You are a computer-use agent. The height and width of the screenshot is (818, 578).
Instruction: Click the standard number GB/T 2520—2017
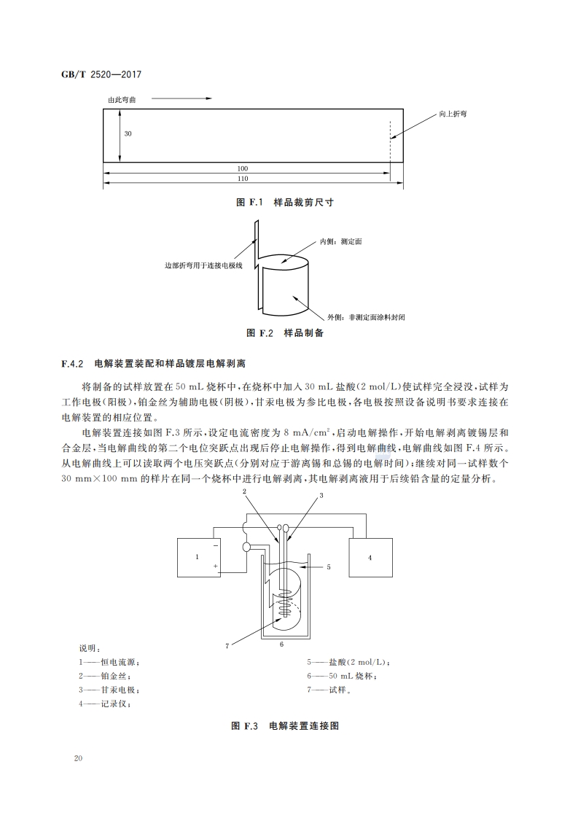click(101, 74)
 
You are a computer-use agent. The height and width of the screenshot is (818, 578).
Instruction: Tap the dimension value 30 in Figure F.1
click(128, 133)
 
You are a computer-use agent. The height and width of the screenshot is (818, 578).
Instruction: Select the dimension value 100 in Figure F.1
click(242, 168)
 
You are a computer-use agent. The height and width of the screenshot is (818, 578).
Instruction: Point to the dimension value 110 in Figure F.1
click(242, 179)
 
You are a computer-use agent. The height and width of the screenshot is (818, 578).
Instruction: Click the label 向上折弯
click(453, 114)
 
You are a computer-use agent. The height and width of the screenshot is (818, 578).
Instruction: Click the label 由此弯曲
click(122, 100)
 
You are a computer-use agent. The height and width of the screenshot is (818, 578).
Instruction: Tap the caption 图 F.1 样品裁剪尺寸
click(285, 203)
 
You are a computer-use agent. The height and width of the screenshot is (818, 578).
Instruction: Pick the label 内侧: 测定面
click(341, 241)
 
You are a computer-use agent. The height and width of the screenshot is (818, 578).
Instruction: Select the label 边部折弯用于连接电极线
click(203, 265)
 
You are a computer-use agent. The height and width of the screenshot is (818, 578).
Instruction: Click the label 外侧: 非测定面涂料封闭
click(366, 317)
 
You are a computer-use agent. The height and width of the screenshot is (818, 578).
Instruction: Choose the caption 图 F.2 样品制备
click(285, 333)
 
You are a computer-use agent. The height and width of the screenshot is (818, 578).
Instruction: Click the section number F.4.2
click(72, 364)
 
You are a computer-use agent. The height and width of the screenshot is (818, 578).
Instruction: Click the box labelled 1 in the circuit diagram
click(198, 557)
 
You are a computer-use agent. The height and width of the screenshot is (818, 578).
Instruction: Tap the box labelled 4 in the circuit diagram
click(370, 557)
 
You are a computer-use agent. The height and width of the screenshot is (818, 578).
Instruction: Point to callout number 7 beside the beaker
click(227, 646)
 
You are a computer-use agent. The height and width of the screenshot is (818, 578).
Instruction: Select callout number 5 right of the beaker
click(329, 566)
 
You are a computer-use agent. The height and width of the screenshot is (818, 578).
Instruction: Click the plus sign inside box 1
click(215, 566)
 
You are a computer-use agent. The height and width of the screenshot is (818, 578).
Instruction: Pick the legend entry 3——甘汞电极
click(109, 690)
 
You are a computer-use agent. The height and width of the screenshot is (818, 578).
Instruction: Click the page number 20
click(78, 758)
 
